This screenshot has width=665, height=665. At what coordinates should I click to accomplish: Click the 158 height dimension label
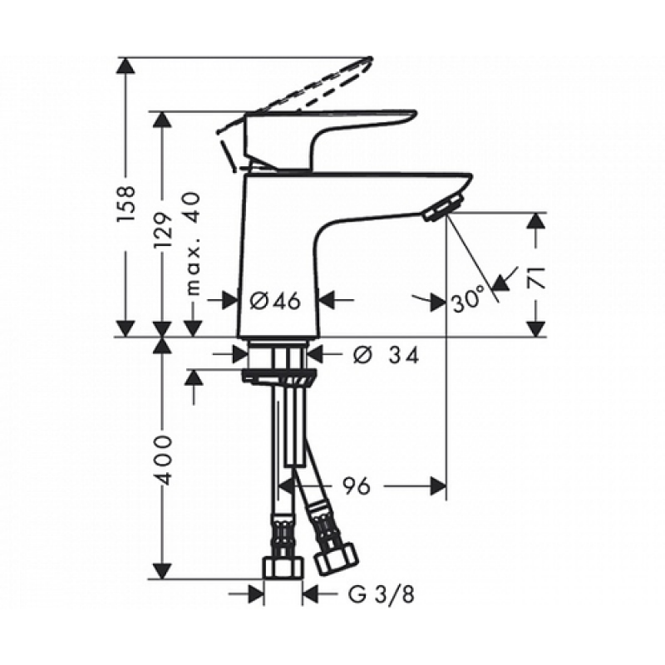[x=126, y=202]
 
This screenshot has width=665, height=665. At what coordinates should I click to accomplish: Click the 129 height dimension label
[x=164, y=229]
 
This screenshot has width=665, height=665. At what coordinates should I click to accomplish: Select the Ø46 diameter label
[x=275, y=301]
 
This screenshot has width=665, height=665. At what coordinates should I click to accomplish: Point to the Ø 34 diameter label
[x=386, y=355]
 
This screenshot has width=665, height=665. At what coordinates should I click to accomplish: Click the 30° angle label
[x=468, y=298]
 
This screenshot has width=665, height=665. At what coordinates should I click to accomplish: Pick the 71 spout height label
[x=535, y=277]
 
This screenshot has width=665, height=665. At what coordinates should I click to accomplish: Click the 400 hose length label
[x=163, y=459]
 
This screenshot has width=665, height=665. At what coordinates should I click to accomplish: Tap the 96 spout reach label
[x=357, y=486]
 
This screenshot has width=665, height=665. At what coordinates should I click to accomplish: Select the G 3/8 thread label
[x=381, y=595]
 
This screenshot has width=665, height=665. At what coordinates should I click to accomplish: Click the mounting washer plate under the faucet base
[x=278, y=377]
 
